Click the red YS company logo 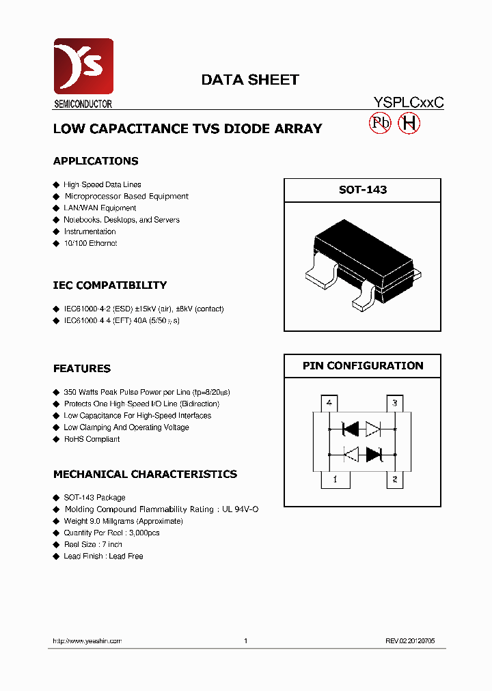coord(83,66)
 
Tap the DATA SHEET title coord(249,80)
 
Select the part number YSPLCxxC coord(409,102)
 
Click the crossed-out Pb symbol coord(380,123)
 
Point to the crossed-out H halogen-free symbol coord(409,123)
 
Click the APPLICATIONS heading coord(96,161)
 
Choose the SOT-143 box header coord(362,190)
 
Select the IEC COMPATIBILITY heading coord(110,285)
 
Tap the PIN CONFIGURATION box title coord(362,366)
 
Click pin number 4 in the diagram coord(329,404)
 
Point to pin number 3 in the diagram coord(394,404)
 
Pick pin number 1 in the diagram coord(334,480)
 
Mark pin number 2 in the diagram coord(394,480)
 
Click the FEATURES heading coord(82,369)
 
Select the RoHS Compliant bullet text coord(92,439)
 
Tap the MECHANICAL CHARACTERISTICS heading coord(146,475)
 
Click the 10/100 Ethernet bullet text coord(90,243)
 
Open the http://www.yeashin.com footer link coord(87,641)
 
